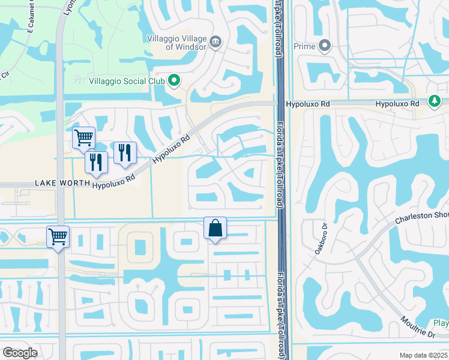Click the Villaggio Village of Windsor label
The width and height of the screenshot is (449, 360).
[177, 42]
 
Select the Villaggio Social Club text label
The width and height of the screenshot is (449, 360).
[126, 81]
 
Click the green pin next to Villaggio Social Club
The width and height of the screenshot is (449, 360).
[174, 80]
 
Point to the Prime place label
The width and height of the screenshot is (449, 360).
[305, 46]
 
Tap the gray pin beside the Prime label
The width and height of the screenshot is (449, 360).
[325, 46]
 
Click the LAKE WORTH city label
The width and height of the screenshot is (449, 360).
[58, 182]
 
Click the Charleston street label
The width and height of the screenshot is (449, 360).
[421, 217]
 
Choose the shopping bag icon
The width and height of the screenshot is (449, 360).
[215, 228]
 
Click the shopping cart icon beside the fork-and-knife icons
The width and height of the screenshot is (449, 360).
[83, 137]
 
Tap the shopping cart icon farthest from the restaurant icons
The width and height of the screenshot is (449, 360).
[58, 236]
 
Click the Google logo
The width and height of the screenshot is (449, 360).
[20, 353]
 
